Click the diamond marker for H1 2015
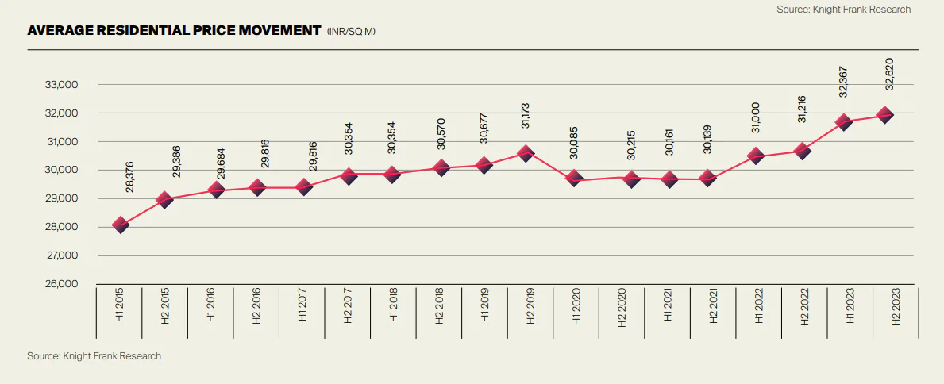pos(121,225)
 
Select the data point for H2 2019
pos(525,153)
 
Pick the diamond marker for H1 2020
pos(574,179)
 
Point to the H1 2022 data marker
pos(757,156)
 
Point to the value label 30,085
pos(574,140)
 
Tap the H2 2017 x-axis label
pos(348,306)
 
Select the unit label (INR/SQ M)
pos(351,32)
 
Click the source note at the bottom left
pos(94,356)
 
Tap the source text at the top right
pos(842,10)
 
